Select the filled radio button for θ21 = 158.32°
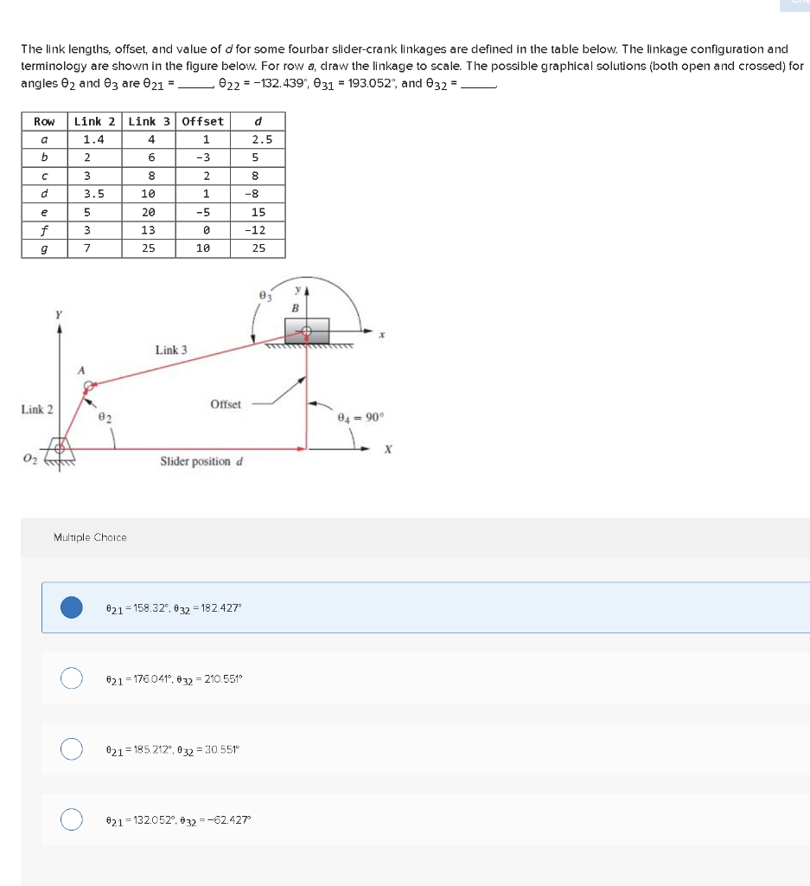[x=72, y=607]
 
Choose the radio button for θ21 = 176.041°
[x=72, y=677]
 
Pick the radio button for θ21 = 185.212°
[x=72, y=748]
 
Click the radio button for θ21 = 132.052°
[x=72, y=818]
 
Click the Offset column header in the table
[x=203, y=121]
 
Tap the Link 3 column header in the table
[x=150, y=121]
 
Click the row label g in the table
[x=44, y=248]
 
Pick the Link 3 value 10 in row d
[x=150, y=194]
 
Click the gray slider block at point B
[x=308, y=331]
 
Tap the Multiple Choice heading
[x=90, y=537]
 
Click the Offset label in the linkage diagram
[x=226, y=404]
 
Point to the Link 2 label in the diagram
[x=36, y=409]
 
